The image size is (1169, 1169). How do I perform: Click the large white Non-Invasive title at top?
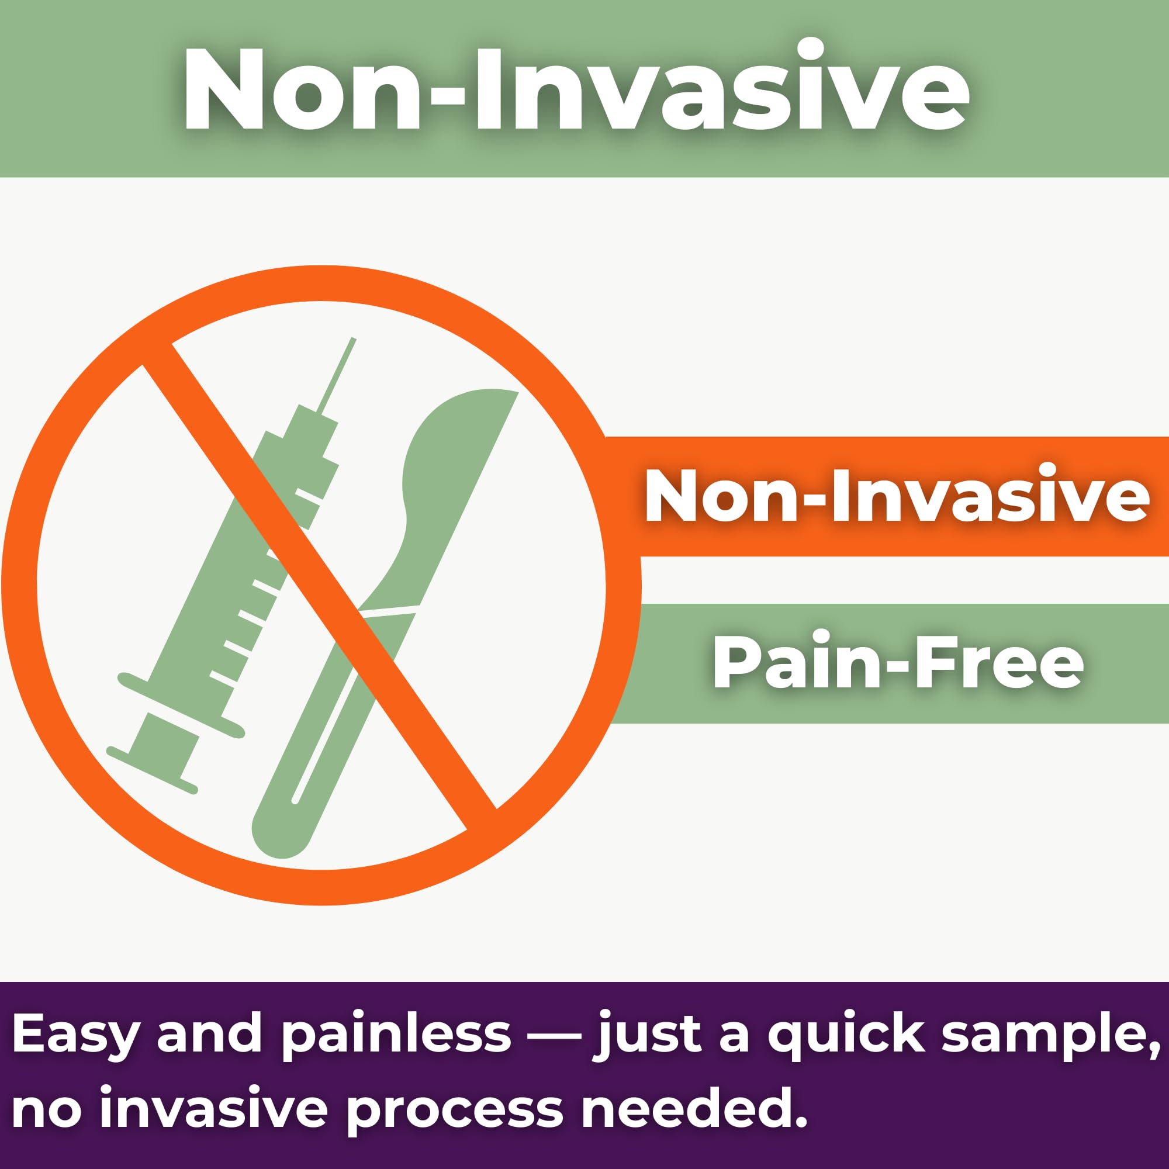point(576,86)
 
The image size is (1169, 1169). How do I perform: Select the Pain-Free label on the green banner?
point(898,662)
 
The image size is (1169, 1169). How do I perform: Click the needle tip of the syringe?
point(354,339)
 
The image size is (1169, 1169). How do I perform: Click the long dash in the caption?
point(554,1036)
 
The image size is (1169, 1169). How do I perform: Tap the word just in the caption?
point(649,1035)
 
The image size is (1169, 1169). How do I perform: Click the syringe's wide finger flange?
point(182,705)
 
